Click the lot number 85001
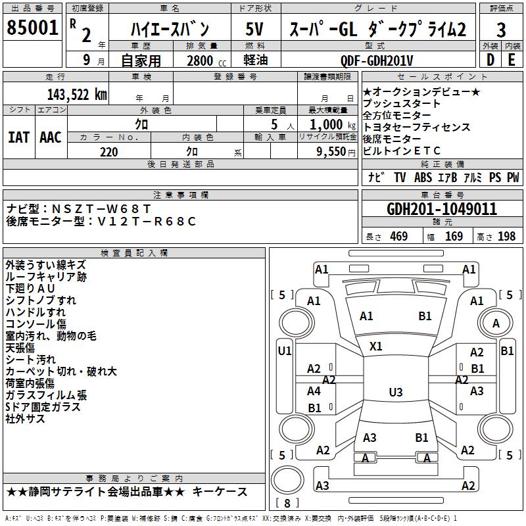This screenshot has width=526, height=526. point(33,29)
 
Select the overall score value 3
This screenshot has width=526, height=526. point(501,30)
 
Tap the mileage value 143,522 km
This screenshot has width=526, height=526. point(77,93)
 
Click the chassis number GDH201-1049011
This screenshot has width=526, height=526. point(442,210)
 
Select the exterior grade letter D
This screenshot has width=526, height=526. point(490,60)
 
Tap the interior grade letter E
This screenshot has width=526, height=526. point(512,60)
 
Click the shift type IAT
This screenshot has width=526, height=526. point(19,137)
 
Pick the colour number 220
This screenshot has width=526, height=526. point(109,152)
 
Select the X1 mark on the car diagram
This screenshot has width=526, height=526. point(377,346)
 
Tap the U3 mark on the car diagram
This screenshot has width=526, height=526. point(395,393)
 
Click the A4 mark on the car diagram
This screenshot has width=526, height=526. point(314,391)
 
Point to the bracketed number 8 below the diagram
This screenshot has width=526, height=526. point(287,504)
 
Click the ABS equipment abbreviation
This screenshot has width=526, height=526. point(423,178)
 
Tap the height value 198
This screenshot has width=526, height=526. point(507,237)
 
